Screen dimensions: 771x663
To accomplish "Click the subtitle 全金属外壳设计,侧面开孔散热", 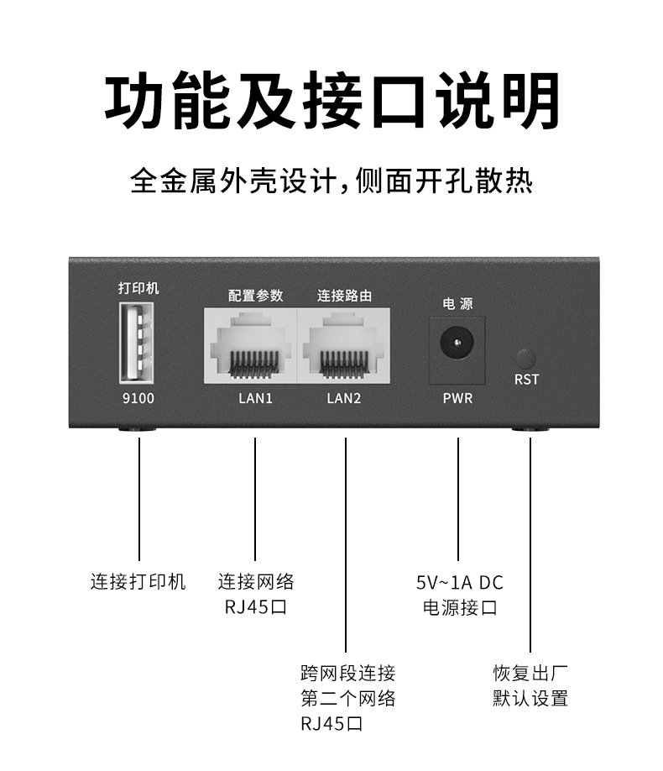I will [331, 181].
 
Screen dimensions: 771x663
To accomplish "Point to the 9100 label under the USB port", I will [138, 398].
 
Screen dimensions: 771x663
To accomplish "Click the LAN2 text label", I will [343, 398].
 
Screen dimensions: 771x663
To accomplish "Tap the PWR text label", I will [457, 398].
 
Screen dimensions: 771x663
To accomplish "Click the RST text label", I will [526, 380].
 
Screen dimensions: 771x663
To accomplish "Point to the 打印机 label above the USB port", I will [138, 288].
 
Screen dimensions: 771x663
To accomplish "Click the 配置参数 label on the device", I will [255, 296].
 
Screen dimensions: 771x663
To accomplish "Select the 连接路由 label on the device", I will [344, 296].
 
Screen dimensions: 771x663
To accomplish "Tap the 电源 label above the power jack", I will [457, 304].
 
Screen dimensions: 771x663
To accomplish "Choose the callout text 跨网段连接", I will [347, 673].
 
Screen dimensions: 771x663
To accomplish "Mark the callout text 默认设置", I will [530, 698].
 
